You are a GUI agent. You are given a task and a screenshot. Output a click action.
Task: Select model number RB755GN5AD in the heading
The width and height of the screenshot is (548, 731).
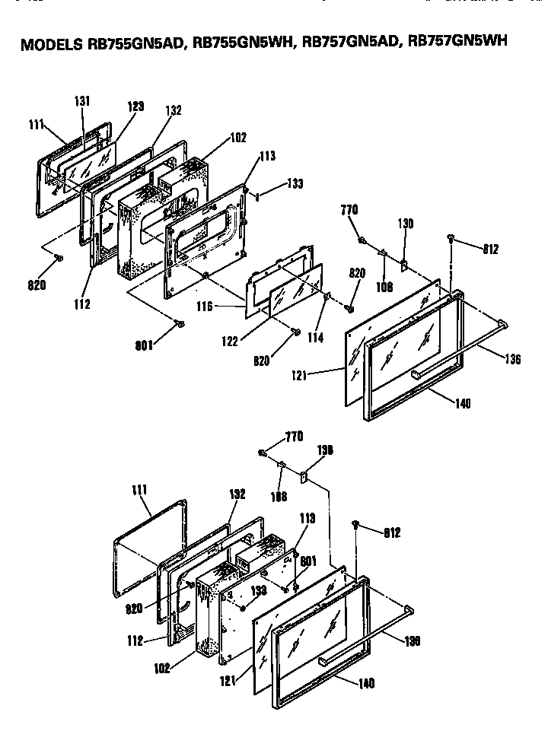pyautogui.click(x=135, y=44)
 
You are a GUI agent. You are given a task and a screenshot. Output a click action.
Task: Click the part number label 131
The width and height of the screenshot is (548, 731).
pyautogui.click(x=82, y=101)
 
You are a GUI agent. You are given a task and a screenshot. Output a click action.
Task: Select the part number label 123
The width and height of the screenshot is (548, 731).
pyautogui.click(x=135, y=107)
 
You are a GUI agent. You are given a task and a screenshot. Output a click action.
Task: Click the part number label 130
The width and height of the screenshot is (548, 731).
pyautogui.click(x=405, y=224)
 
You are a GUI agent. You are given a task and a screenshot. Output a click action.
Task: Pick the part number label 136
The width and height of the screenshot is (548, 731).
pyautogui.click(x=512, y=359)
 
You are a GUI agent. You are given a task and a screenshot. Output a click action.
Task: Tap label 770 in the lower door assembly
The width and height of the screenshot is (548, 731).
pyautogui.click(x=293, y=436)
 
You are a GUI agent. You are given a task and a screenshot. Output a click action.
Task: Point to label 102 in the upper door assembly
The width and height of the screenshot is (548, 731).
pyautogui.click(x=237, y=138)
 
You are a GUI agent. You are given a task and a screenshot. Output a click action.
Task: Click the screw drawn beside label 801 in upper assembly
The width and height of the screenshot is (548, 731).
pyautogui.click(x=180, y=325)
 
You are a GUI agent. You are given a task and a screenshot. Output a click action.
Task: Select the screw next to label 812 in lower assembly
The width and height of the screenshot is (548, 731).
pyautogui.click(x=356, y=524)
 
